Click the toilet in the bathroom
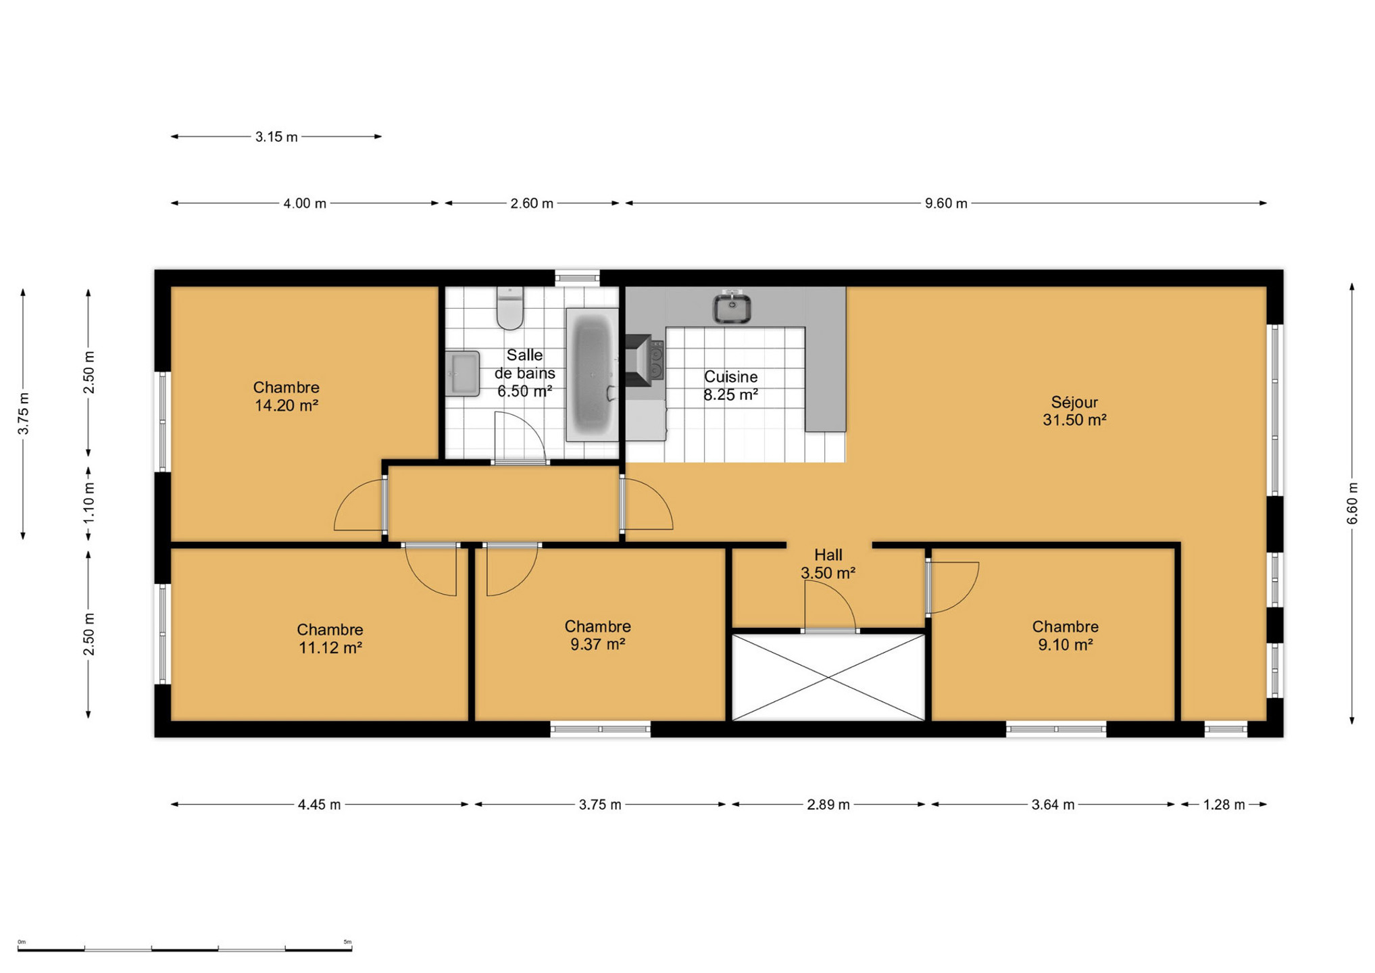[x=510, y=308]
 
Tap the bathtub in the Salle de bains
[x=592, y=375]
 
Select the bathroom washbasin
[x=463, y=373]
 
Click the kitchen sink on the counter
[x=732, y=308]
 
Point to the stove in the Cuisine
[x=645, y=360]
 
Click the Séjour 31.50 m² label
[x=1074, y=411]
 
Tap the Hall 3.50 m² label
[x=828, y=564]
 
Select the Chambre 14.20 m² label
[x=286, y=396]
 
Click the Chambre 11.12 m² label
[x=330, y=639]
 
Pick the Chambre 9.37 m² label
[x=597, y=635]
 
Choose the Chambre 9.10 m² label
[x=1065, y=636]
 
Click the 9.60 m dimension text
[x=946, y=203]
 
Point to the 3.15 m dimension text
[x=276, y=137]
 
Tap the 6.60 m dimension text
[x=1352, y=503]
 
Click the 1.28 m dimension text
[x=1224, y=805]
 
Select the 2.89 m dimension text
[x=828, y=805]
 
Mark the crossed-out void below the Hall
[x=828, y=677]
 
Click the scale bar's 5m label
[x=347, y=942]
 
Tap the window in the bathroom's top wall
[x=577, y=277]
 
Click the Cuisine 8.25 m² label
[x=730, y=386]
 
